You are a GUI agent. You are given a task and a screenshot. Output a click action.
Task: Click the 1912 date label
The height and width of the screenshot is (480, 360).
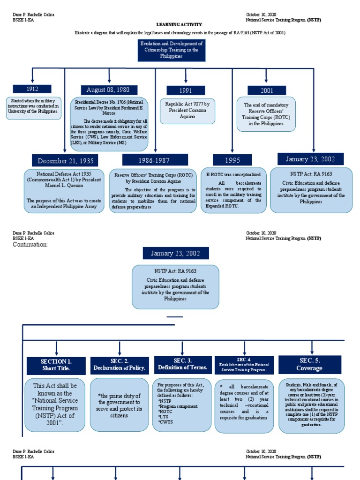tap(32, 89)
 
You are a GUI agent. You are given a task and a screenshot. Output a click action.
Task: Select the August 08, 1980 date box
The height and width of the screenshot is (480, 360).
tap(109, 90)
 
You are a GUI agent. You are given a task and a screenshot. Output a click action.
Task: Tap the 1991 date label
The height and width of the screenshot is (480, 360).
tap(186, 90)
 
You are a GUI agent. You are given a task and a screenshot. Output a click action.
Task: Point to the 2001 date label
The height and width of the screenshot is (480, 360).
tap(266, 90)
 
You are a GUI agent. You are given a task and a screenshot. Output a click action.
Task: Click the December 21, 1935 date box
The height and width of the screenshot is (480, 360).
tap(65, 161)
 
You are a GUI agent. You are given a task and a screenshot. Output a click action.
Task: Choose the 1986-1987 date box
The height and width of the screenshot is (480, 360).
tap(155, 160)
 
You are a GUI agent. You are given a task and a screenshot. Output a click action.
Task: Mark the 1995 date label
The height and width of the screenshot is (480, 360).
tap(232, 160)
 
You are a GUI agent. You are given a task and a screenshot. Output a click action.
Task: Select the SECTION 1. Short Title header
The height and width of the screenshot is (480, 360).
tap(56, 365)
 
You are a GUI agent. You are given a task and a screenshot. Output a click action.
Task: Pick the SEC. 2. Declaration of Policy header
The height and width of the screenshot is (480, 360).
tap(120, 365)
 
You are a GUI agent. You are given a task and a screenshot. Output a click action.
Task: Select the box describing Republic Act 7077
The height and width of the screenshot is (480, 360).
tap(187, 111)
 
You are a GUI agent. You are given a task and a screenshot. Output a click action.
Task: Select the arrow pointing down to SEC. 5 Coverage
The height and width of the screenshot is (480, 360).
tap(312, 347)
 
